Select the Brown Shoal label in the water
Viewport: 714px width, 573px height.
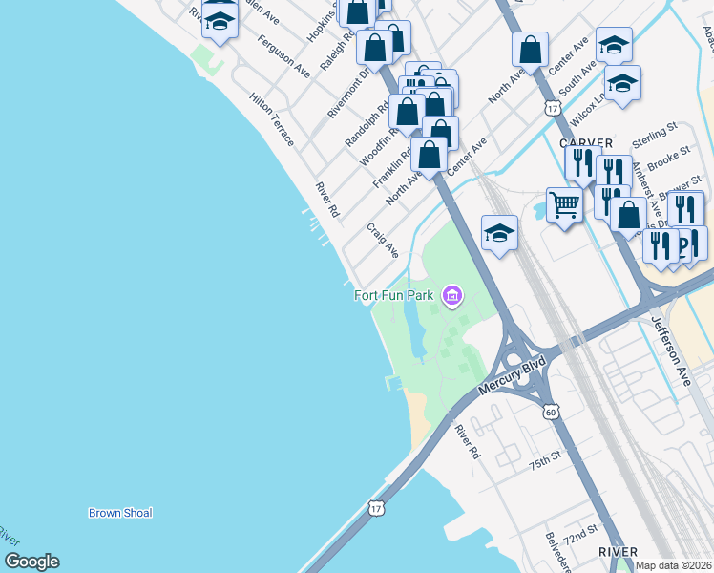click(120, 513)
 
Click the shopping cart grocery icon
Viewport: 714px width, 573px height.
click(564, 205)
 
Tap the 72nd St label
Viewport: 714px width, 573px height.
click(580, 534)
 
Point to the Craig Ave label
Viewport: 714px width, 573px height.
click(383, 241)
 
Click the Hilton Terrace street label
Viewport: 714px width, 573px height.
click(271, 119)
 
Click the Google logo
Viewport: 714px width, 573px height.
click(31, 562)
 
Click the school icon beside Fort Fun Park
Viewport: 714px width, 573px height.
click(499, 233)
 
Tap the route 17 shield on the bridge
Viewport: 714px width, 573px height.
click(378, 507)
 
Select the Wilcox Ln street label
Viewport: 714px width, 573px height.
click(587, 112)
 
